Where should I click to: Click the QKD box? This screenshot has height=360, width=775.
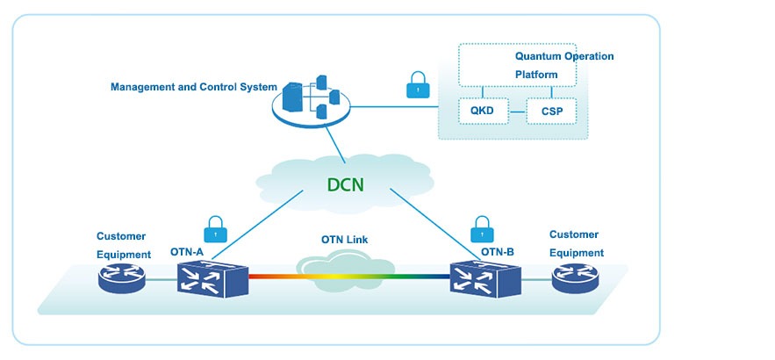(x=483, y=111)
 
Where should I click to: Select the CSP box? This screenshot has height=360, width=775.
(x=551, y=111)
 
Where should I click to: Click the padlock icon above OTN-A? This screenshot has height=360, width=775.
(x=214, y=230)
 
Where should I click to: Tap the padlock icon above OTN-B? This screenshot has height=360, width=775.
(x=482, y=230)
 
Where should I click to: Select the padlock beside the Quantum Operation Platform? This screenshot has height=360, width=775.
(x=419, y=86)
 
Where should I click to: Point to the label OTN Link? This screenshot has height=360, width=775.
(x=343, y=241)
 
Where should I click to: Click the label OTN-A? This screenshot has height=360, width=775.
(x=187, y=253)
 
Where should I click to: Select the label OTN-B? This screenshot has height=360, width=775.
(x=498, y=253)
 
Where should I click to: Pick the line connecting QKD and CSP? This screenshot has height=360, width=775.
(x=517, y=112)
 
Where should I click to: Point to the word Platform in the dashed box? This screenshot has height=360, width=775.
(x=536, y=75)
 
